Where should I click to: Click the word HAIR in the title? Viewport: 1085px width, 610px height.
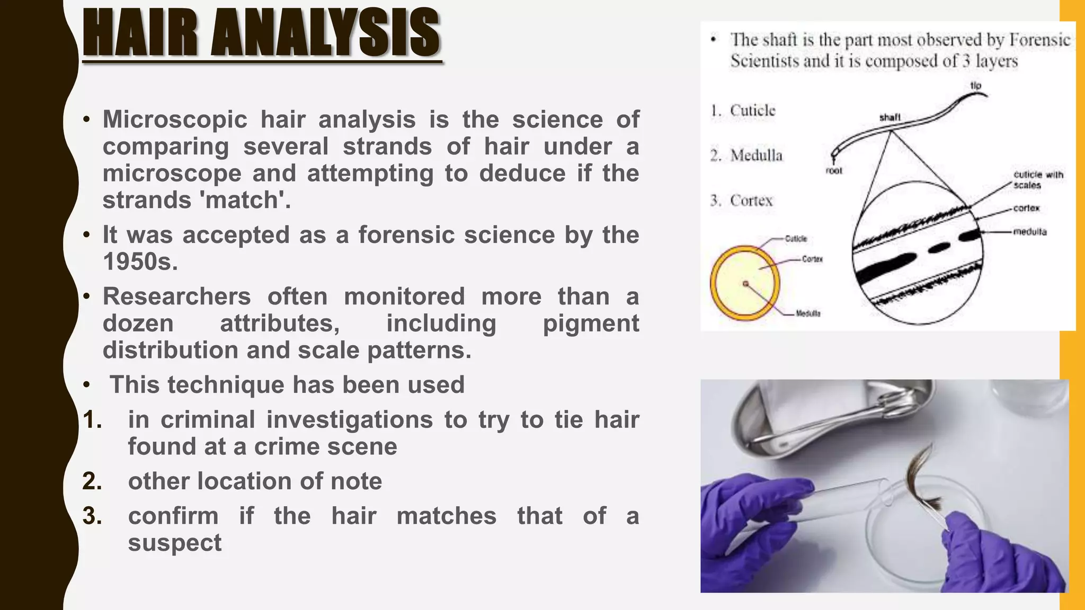click(140, 34)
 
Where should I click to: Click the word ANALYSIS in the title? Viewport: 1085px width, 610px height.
click(325, 34)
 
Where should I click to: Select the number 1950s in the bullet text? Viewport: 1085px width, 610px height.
click(140, 262)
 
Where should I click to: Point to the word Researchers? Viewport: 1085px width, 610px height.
click(176, 297)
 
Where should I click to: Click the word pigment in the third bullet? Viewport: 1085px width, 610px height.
click(591, 324)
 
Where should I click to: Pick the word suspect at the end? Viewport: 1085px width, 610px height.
click(174, 543)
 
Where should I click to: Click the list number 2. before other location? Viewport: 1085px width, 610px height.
click(92, 481)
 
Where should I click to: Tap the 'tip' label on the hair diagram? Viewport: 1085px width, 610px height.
click(975, 85)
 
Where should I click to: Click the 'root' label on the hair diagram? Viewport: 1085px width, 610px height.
click(833, 171)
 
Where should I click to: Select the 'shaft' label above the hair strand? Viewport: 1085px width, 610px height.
click(890, 117)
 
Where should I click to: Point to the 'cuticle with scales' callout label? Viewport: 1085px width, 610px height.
click(1037, 180)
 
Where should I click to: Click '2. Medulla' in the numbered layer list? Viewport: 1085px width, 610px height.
click(746, 156)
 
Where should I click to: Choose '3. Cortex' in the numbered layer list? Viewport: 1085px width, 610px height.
click(742, 201)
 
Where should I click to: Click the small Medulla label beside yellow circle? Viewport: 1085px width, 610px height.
click(808, 313)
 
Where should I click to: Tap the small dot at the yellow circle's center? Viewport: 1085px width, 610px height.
click(745, 284)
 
